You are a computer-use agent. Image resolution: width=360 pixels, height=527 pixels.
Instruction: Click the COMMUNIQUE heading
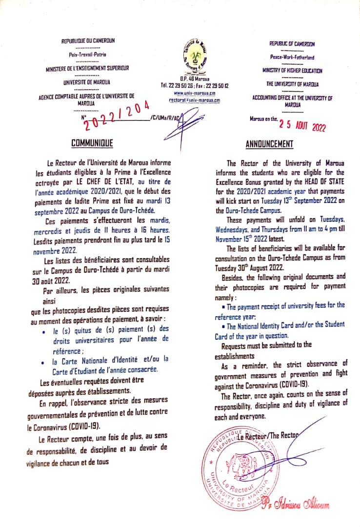pyautogui.click(x=92, y=143)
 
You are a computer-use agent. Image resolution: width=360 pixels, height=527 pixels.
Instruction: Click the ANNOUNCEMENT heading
pyautogui.click(x=269, y=144)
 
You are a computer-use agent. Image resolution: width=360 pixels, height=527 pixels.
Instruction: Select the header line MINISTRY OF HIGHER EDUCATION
pyautogui.click(x=292, y=71)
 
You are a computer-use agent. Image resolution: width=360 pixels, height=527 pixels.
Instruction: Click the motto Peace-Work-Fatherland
pyautogui.click(x=292, y=57)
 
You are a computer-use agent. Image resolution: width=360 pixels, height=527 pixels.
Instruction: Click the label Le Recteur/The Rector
pyautogui.click(x=268, y=436)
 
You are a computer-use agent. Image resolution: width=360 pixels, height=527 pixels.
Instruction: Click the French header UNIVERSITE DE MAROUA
pyautogui.click(x=86, y=82)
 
